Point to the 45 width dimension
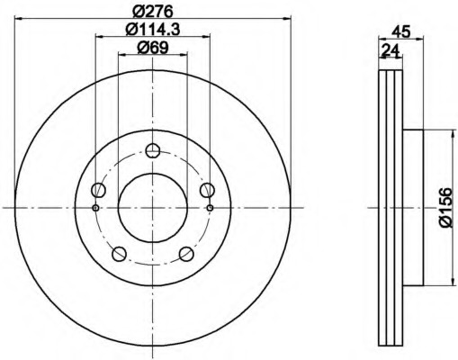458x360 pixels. pyautogui.click(x=402, y=32)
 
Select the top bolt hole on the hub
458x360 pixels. pyautogui.click(x=152, y=150)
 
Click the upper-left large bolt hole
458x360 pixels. pyautogui.click(x=99, y=189)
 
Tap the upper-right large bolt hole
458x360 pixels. pyautogui.click(x=206, y=189)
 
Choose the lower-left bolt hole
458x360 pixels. pyautogui.click(x=120, y=253)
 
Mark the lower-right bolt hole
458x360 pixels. pyautogui.click(x=185, y=253)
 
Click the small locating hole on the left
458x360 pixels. pyautogui.click(x=95, y=208)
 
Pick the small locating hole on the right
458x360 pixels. pyautogui.click(x=210, y=208)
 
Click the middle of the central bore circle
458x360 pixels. pyautogui.click(x=152, y=207)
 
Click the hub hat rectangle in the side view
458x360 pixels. pyautogui.click(x=411, y=208)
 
